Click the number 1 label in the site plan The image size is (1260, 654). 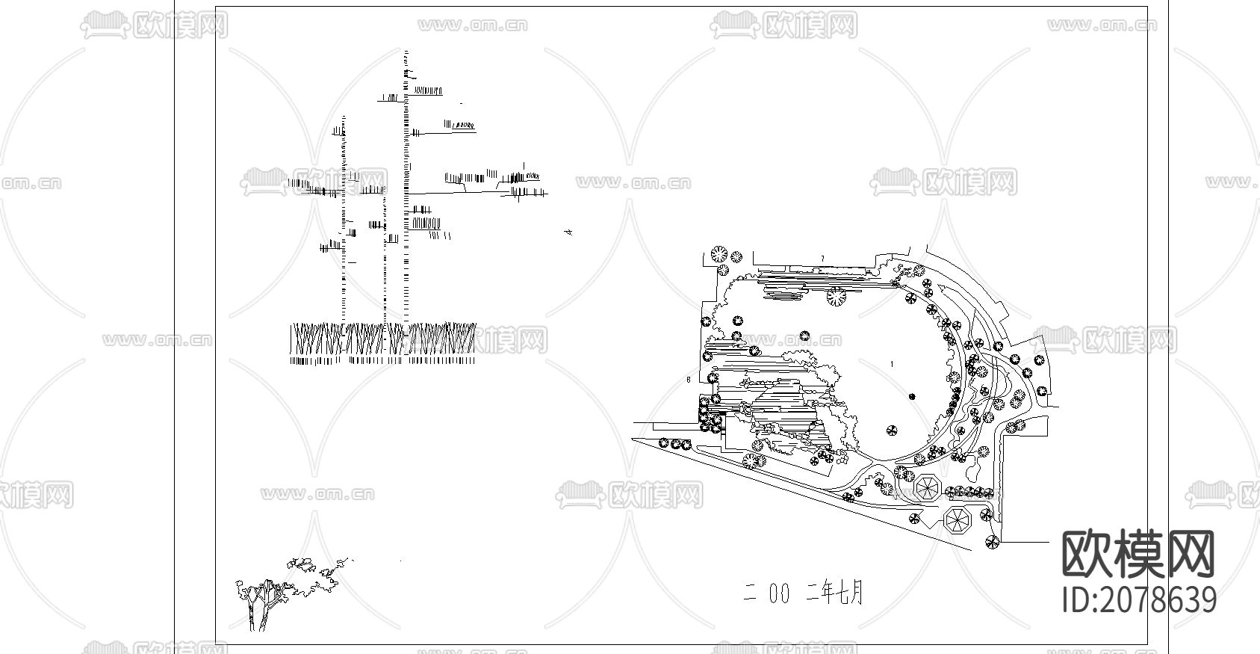(x=892, y=364)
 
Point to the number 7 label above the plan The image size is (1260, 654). (x=822, y=259)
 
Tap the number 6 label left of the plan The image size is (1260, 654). (x=687, y=380)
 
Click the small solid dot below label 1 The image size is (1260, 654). (x=911, y=396)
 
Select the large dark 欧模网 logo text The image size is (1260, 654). (x=1138, y=554)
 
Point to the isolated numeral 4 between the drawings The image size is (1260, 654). (x=569, y=232)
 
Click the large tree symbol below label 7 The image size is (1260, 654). (x=837, y=297)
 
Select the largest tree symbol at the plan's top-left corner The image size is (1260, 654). (x=719, y=255)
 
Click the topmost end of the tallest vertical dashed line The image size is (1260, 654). (x=406, y=52)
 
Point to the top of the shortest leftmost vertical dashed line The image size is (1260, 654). (x=344, y=117)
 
